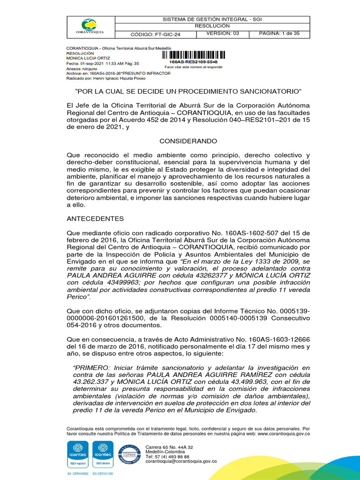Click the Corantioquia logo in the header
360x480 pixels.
coord(90,26)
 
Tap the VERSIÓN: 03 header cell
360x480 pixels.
coord(223,34)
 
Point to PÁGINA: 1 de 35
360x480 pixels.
coord(279,34)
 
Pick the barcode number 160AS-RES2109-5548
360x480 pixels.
coord(193,61)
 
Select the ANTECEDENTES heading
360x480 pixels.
coord(96,218)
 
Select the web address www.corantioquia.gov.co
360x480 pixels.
coord(284,434)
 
